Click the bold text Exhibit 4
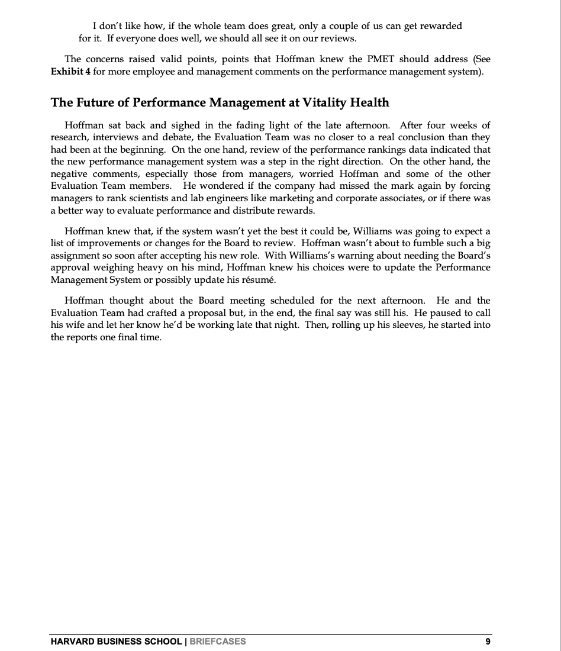70,72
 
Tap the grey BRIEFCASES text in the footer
217,642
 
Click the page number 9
487,642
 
